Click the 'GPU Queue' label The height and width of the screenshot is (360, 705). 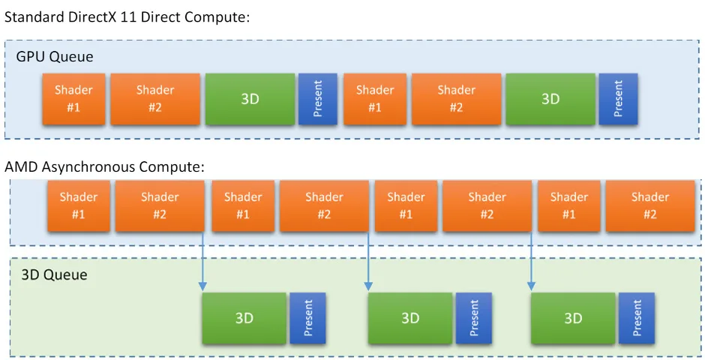click(55, 57)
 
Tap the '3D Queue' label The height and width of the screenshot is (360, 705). click(55, 274)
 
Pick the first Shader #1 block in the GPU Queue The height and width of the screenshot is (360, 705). click(73, 99)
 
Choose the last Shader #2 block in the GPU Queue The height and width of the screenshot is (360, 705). click(456, 99)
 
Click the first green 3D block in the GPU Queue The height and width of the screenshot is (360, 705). click(250, 99)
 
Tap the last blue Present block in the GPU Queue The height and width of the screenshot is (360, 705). click(618, 99)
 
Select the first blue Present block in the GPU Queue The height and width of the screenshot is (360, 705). click(318, 99)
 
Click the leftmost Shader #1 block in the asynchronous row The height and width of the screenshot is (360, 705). click(79, 205)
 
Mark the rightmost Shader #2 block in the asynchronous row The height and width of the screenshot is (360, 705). click(650, 205)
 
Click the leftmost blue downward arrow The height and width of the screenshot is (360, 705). click(202, 261)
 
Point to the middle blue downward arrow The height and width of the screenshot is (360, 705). click(368, 261)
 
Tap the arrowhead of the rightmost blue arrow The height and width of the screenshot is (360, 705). click(531, 286)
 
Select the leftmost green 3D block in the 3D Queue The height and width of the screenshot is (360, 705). click(244, 318)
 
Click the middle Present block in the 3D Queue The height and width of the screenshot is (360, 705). click(474, 318)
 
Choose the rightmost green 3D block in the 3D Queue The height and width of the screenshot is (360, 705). click(573, 318)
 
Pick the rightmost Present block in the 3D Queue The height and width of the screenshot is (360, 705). click(637, 318)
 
